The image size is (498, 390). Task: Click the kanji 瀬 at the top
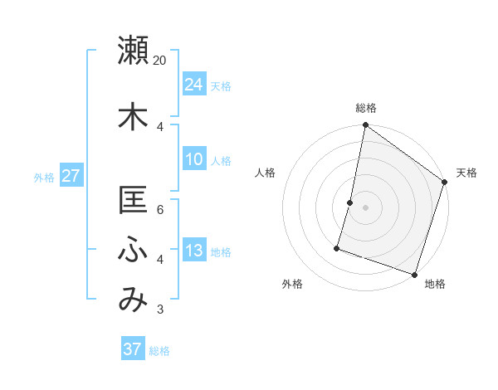133,51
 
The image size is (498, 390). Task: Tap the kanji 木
133,116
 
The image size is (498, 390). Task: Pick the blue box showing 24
194,84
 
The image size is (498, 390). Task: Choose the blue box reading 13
194,250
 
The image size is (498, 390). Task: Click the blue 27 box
71,175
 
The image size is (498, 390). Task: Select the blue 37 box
133,349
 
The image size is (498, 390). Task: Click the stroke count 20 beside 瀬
160,61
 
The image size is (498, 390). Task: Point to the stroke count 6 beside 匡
160,209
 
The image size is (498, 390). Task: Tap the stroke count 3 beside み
160,310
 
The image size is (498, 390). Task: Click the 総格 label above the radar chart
365,108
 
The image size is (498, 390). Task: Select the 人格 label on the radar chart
266,173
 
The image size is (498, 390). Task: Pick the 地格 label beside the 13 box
221,251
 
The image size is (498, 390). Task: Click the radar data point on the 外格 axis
338,248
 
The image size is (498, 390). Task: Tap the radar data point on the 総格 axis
365,125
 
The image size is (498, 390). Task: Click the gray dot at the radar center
365,207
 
